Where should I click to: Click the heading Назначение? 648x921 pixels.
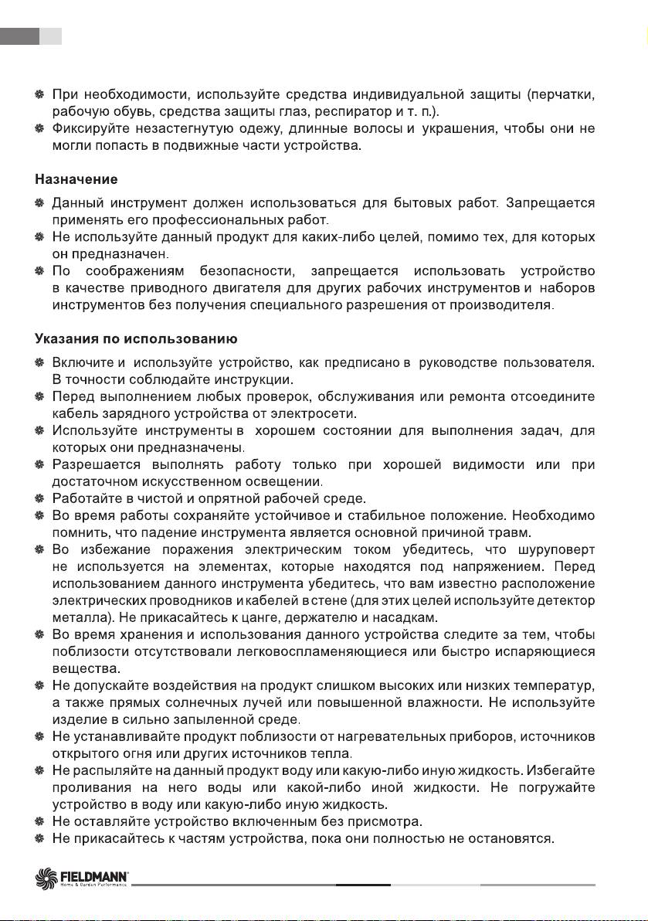[76, 180]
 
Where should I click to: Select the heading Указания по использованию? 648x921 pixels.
[136, 338]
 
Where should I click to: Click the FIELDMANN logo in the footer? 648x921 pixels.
[83, 877]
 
